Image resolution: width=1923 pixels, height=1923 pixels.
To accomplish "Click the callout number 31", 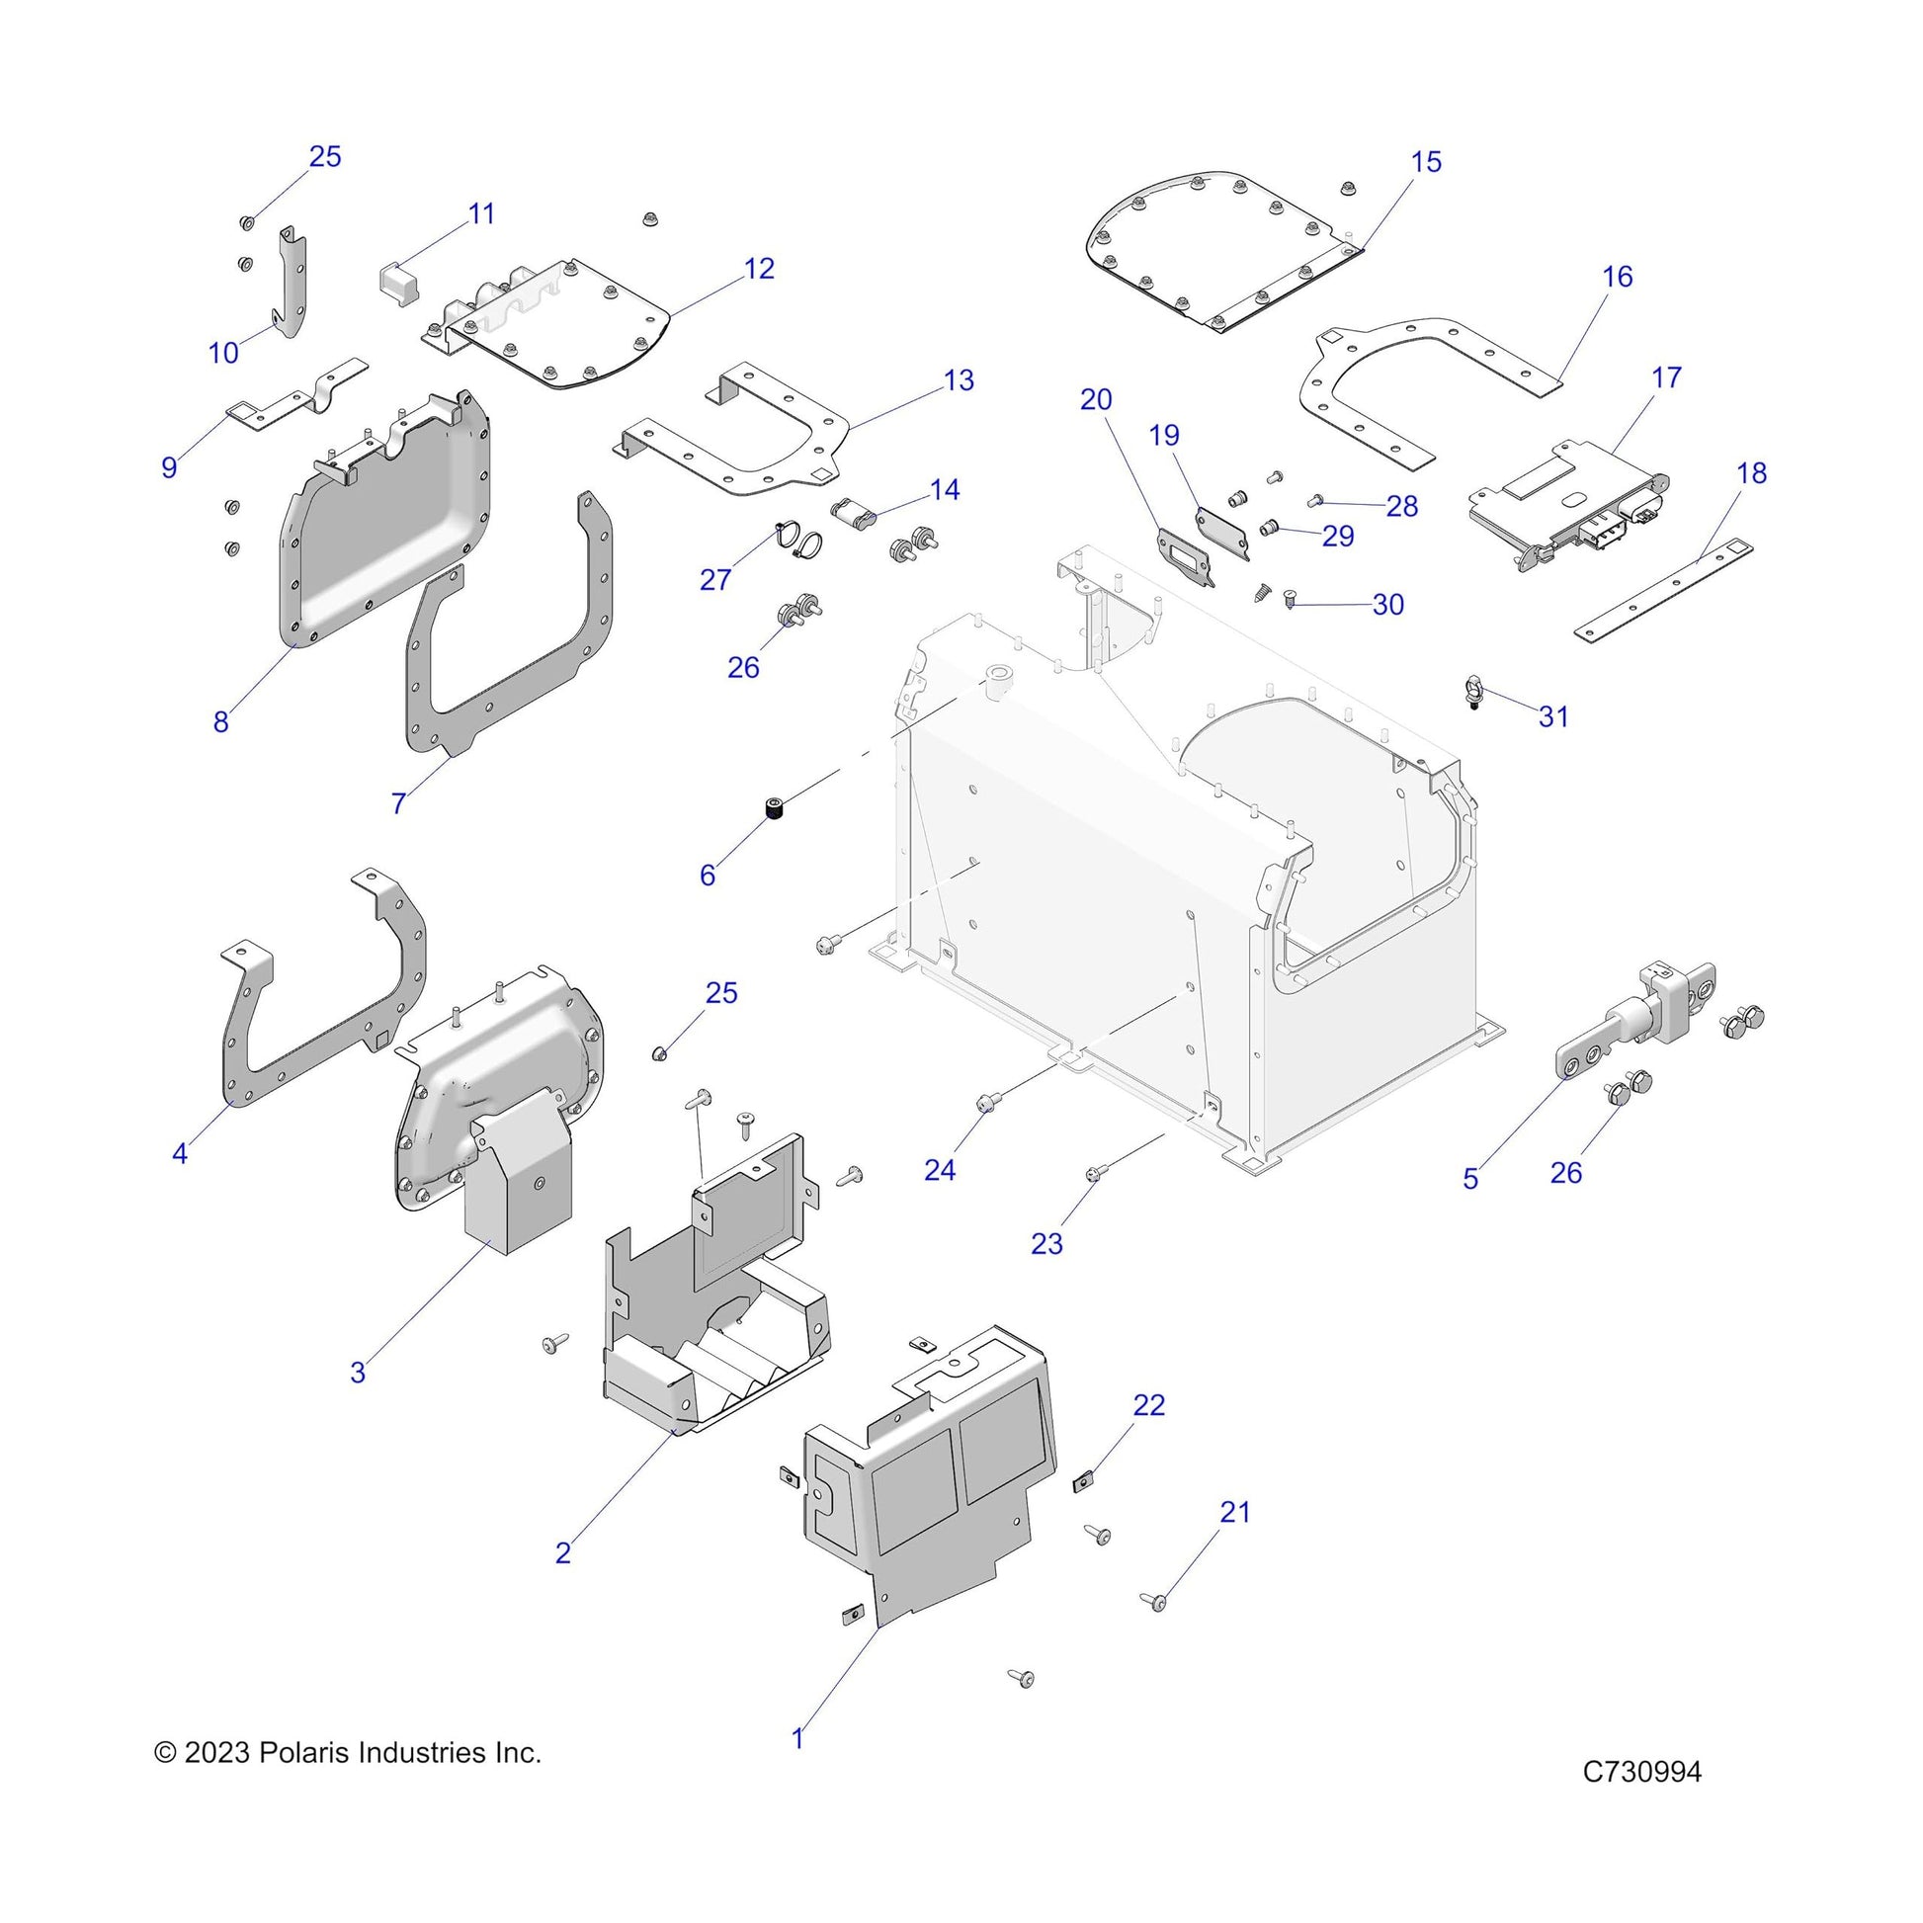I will [1553, 716].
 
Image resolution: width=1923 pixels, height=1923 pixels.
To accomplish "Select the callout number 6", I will [708, 875].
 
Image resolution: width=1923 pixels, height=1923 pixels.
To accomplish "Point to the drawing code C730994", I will [1642, 1799].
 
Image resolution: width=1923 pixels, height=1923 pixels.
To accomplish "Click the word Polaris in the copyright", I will [303, 1753].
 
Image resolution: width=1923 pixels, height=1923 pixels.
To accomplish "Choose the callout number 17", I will [1666, 377].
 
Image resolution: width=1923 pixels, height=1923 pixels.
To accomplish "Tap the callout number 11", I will [482, 214].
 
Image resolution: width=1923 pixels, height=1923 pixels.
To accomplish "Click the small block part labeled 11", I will [399, 284].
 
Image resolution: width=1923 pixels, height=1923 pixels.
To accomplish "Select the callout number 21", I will [1235, 1512].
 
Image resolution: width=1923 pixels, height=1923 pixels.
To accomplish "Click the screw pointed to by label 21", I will [1156, 1602].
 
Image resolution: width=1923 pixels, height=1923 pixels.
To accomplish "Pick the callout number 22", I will [1148, 1404].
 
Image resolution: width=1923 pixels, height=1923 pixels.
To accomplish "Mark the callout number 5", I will [1471, 1180].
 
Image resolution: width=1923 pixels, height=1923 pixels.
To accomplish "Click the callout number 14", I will [945, 490].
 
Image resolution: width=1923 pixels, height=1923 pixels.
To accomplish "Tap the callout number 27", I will [715, 579].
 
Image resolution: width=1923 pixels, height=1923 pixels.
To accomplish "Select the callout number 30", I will [1387, 604].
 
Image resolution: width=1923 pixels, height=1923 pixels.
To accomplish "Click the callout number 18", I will [1752, 472].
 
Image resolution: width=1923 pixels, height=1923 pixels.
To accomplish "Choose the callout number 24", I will [940, 1171].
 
